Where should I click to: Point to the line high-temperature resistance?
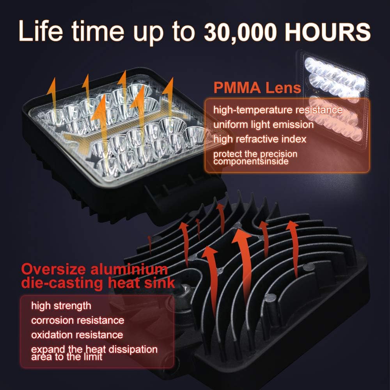pos(278,110)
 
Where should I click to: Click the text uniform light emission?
pos(263,125)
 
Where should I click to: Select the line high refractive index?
pos(259,139)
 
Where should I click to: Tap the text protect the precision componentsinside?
pos(255,157)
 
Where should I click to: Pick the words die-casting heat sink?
pos(97,283)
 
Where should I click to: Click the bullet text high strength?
pos(61,305)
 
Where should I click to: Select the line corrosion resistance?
pos(78,321)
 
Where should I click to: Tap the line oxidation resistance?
pos(77,335)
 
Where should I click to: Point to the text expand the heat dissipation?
pos(94,349)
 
